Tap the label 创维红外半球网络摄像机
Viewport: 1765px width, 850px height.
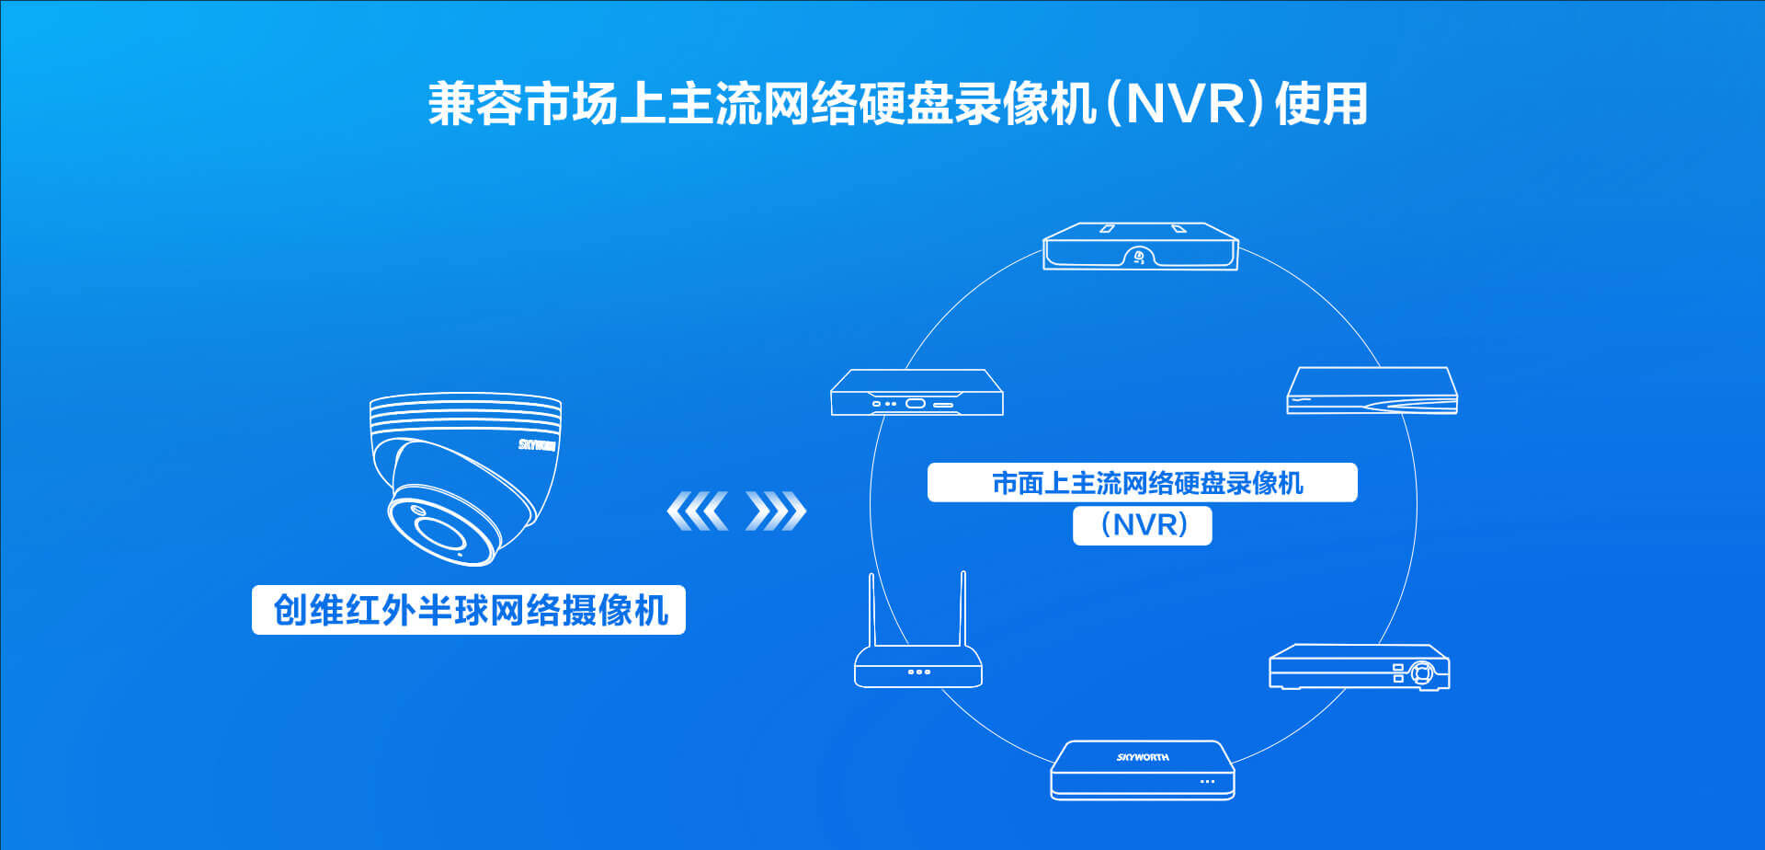pos(469,610)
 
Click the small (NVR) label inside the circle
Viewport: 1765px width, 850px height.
pos(1143,525)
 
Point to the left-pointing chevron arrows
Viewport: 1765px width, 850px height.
pos(698,511)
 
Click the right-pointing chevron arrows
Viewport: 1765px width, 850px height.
pos(776,511)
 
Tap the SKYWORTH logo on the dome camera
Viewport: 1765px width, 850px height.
pos(537,445)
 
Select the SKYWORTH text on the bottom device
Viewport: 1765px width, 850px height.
pos(1143,757)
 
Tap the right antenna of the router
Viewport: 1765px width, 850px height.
pos(962,609)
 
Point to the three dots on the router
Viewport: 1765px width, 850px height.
pos(918,672)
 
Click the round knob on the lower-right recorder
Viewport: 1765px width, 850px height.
pos(1422,672)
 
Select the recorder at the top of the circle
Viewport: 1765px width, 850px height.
pos(1141,247)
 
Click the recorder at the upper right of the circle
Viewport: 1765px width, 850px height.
pos(1372,391)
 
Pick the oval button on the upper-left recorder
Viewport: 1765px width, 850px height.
pos(916,403)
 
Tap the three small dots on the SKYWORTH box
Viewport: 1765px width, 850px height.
pos(1207,782)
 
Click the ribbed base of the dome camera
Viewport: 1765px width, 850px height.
pos(465,413)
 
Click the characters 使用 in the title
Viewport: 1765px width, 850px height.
pos(1322,103)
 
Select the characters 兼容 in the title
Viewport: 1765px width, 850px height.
pos(475,103)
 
